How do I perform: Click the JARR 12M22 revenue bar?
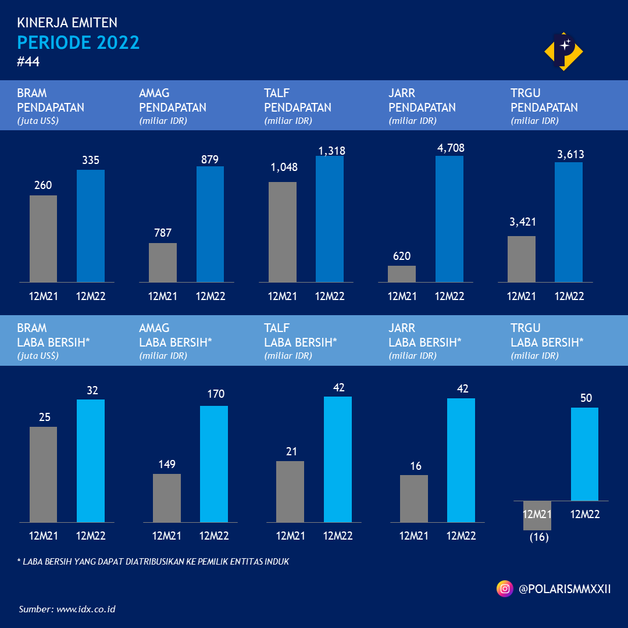pos(449,219)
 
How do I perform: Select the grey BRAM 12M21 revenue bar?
pos(43,239)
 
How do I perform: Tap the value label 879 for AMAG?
pos(210,159)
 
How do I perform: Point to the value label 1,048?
pos(284,167)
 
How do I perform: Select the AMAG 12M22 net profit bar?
pos(214,463)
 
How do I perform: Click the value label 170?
pos(216,394)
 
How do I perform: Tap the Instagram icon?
pos(505,589)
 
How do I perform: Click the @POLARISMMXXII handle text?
pos(564,589)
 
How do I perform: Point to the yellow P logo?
pos(563,51)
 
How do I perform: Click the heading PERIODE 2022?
pos(78,43)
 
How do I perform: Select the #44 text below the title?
pos(28,62)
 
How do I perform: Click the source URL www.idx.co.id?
pos(85,609)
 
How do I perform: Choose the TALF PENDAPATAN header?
pos(297,101)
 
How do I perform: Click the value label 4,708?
pos(451,148)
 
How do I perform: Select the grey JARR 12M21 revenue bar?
pos(402,274)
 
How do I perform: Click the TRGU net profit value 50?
pos(586,398)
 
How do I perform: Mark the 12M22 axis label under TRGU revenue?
pos(569,296)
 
